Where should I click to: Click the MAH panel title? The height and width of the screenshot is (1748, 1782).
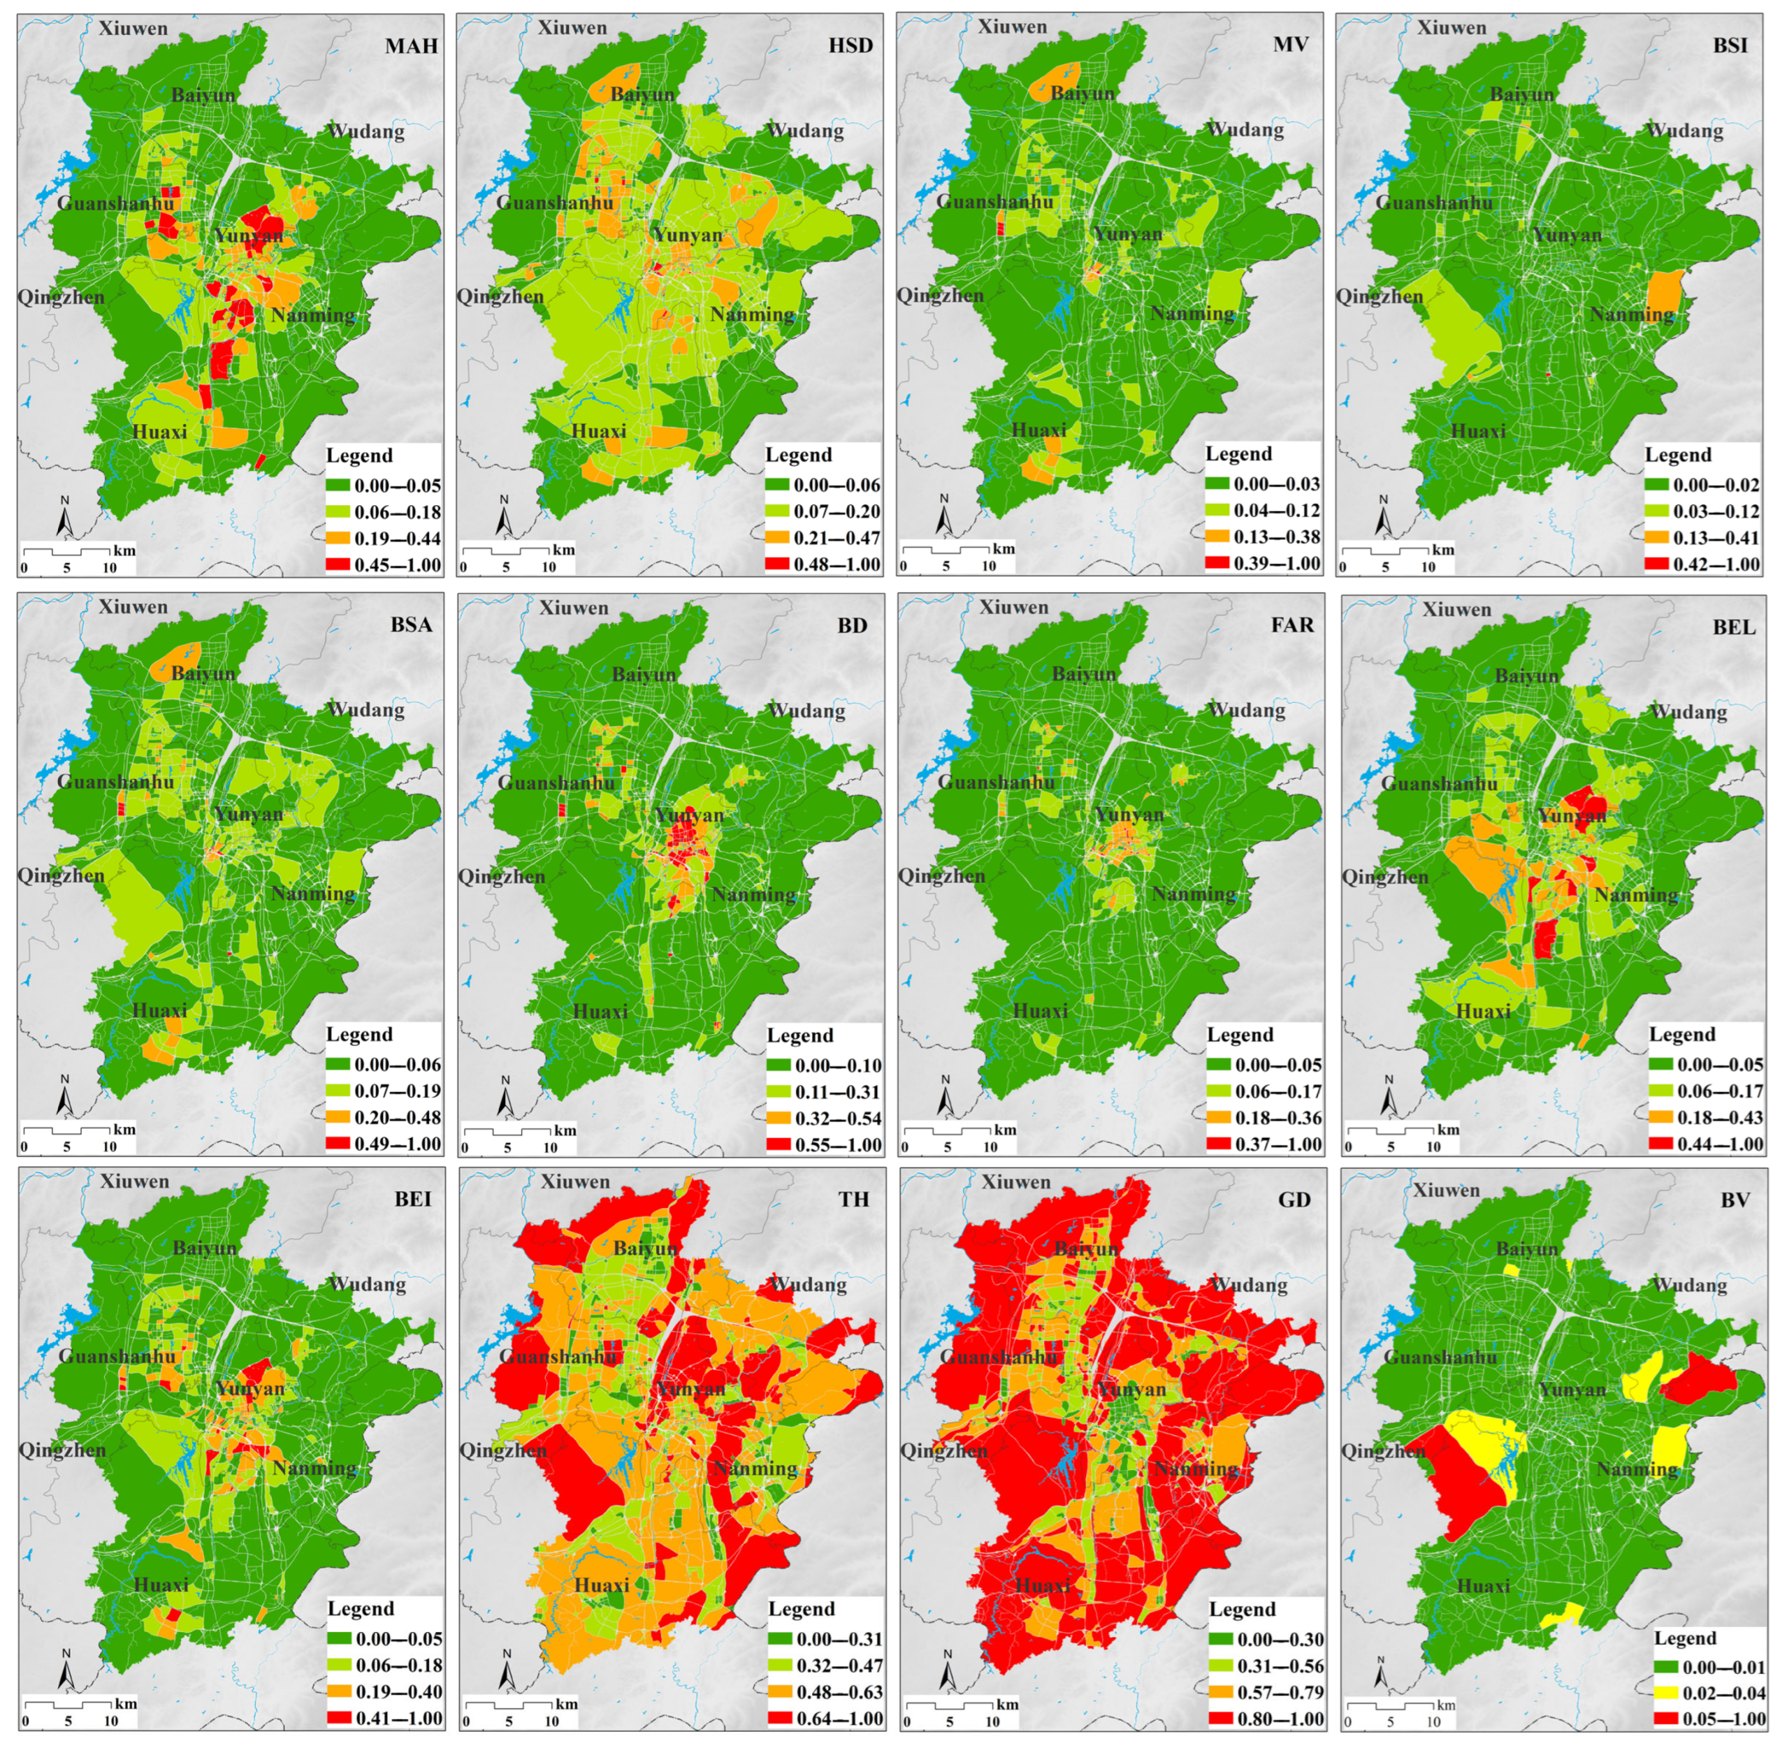pyautogui.click(x=411, y=45)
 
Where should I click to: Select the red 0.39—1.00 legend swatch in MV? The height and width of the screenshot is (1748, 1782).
pyautogui.click(x=1217, y=562)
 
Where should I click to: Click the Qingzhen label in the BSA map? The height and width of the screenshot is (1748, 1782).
pyautogui.click(x=61, y=875)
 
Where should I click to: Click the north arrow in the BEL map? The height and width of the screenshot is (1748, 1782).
pyautogui.click(x=1389, y=1097)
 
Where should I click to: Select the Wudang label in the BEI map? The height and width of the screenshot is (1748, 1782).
pyautogui.click(x=366, y=1283)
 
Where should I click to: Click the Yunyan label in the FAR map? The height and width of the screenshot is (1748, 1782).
pyautogui.click(x=1128, y=814)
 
